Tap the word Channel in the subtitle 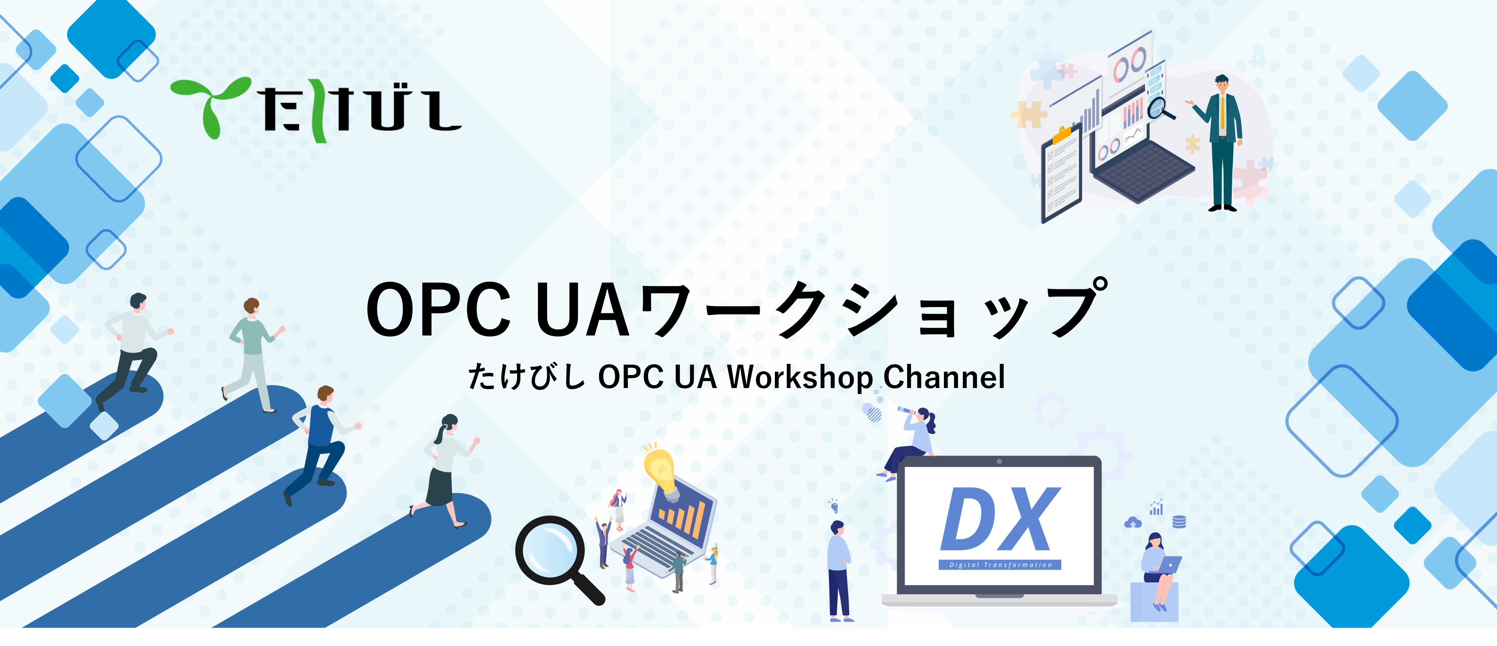coord(944,377)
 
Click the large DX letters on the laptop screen coord(1000,519)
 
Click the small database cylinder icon coord(1179,521)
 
